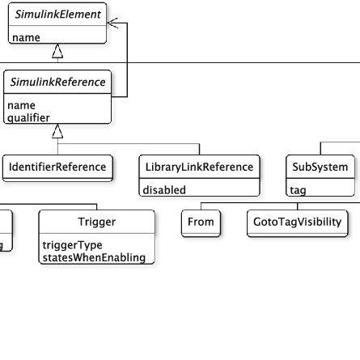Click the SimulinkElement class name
click(57, 15)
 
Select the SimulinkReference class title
click(57, 83)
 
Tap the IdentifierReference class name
click(57, 167)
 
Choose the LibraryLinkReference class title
click(200, 167)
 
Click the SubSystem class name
click(320, 167)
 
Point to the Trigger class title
click(96, 222)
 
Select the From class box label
click(201, 222)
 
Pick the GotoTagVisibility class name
click(297, 222)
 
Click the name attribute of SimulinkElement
click(25, 37)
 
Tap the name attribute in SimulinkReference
click(22, 105)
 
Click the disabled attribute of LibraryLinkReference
click(165, 190)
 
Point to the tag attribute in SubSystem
click(299, 190)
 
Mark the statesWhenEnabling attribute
click(94, 257)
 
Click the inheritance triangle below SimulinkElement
click(57, 52)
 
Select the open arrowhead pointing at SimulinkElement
click(113, 23)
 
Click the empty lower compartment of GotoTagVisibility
click(297, 234)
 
